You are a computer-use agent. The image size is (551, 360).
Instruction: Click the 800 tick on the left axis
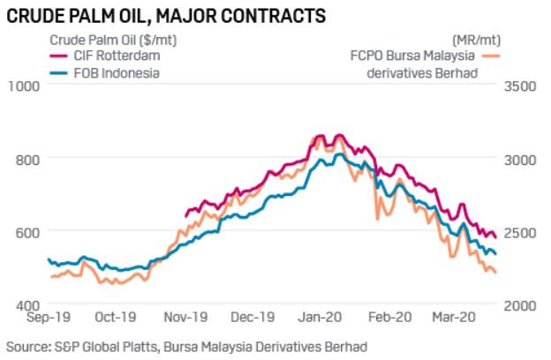click(28, 159)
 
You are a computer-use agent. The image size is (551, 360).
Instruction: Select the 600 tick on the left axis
click(28, 231)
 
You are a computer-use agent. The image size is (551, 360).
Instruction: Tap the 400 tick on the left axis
click(28, 304)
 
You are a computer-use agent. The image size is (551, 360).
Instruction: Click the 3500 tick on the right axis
click(519, 86)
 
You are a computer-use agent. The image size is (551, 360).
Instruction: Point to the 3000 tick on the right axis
click(519, 159)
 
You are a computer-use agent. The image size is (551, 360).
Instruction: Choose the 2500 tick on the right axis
click(519, 231)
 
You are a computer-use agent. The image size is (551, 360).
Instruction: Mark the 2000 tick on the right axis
click(519, 304)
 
